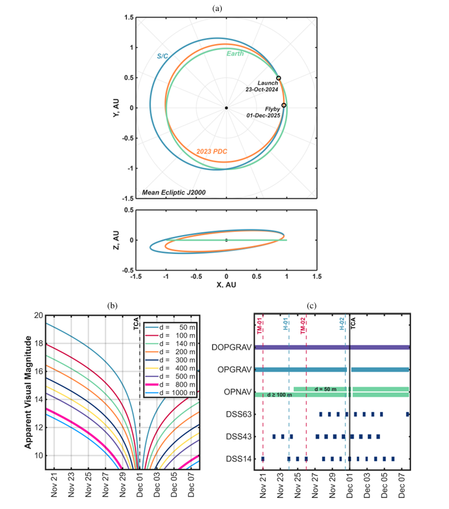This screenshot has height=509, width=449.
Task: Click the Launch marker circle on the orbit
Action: pyautogui.click(x=279, y=78)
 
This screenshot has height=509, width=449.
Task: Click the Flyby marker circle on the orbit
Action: pyautogui.click(x=283, y=105)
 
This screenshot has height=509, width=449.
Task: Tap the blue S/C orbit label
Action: pyautogui.click(x=162, y=57)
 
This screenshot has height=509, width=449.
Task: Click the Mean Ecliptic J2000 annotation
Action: pyautogui.click(x=174, y=193)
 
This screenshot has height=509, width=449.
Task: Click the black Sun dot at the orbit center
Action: pyautogui.click(x=227, y=108)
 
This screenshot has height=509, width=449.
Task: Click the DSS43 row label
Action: pyautogui.click(x=238, y=436)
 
